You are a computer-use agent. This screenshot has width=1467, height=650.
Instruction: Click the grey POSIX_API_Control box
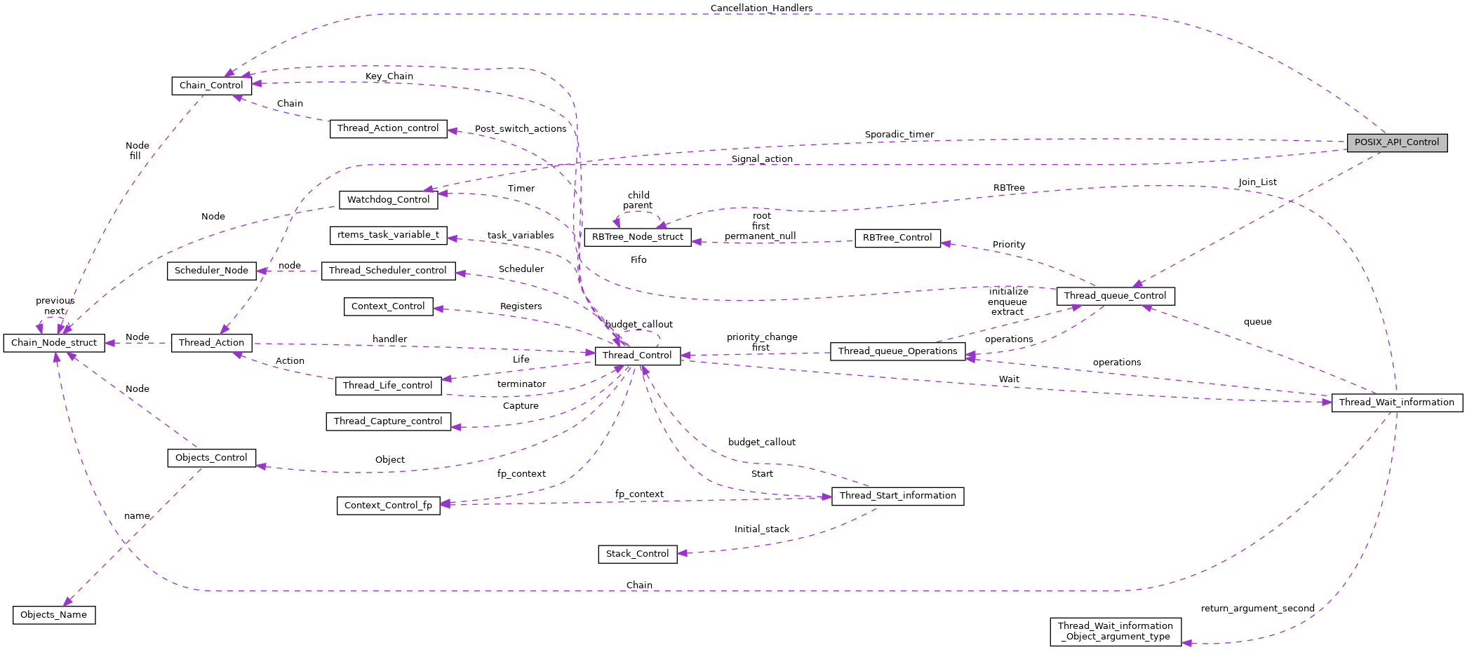1396,142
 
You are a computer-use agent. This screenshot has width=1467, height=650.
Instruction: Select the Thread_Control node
637,356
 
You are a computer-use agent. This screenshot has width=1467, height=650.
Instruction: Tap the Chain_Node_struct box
54,343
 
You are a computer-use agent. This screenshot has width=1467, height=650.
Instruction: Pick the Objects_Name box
54,615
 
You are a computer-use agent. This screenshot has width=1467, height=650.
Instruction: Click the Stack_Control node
637,554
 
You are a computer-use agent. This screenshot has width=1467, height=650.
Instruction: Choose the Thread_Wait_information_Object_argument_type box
1115,631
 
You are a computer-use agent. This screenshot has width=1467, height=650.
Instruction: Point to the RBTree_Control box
897,238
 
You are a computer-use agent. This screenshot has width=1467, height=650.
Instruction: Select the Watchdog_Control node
388,200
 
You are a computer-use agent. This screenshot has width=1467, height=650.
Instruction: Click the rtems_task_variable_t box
388,235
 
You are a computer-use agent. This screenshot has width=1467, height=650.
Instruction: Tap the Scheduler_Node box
211,271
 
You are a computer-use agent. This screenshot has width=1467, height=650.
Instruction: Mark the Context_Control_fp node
388,506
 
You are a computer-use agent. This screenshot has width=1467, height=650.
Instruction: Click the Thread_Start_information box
897,496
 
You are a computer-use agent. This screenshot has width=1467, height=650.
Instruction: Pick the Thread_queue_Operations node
897,351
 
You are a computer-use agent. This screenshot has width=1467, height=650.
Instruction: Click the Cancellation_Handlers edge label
761,8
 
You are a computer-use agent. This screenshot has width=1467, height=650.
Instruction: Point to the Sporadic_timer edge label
899,135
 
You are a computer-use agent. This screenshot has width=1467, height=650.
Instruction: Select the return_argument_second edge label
1257,609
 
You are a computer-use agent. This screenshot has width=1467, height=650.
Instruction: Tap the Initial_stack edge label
761,529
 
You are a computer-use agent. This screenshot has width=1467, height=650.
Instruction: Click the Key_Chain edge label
389,76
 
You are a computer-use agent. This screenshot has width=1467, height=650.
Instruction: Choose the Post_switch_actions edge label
520,129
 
